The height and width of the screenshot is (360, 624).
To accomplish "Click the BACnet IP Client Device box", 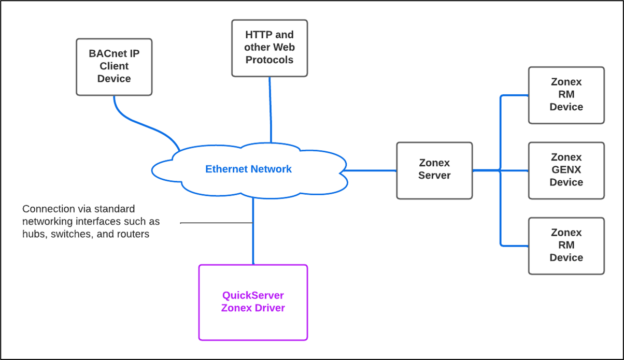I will (114, 67).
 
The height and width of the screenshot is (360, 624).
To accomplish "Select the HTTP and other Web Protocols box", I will (270, 48).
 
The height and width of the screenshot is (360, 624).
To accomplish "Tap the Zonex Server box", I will (434, 170).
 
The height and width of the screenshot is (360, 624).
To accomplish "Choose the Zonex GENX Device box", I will (566, 170).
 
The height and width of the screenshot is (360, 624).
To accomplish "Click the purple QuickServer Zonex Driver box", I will (253, 303).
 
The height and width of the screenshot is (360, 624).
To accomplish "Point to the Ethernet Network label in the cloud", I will (248, 169).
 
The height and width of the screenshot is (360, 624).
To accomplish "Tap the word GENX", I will (566, 170).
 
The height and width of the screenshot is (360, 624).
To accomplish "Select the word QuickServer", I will (253, 296).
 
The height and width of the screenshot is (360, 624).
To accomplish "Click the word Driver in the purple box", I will (269, 308).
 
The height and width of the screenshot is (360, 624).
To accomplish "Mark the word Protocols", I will (270, 60).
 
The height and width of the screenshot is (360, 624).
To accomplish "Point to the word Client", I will (114, 66).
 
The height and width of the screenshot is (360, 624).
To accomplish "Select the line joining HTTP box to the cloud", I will (270, 109).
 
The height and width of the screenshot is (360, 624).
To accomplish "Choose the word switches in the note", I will (72, 234).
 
